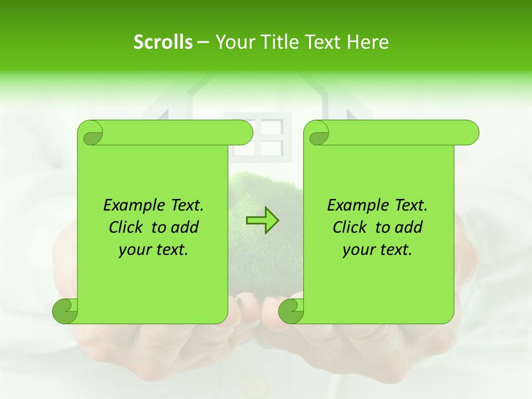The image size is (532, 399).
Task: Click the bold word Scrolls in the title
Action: tap(163, 42)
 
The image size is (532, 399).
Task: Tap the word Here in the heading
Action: tap(367, 42)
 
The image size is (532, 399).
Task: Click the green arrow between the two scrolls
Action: tap(262, 221)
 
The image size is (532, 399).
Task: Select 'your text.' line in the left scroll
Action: tap(154, 250)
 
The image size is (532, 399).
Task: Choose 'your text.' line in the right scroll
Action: tap(377, 250)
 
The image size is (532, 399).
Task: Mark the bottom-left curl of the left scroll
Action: tap(64, 310)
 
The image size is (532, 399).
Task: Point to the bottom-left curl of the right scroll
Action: tap(290, 310)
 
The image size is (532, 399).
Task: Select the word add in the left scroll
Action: tap(186, 228)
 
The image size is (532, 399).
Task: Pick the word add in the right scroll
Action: tap(410, 228)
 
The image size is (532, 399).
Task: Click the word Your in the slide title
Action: tap(233, 42)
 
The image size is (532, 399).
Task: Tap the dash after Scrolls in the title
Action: tap(203, 42)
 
